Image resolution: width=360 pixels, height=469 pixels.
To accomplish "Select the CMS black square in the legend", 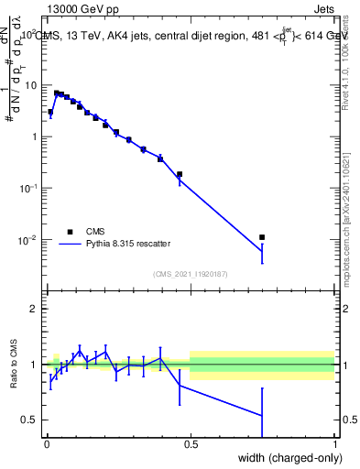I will [70, 232].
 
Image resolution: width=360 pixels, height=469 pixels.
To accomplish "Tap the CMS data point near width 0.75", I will [262, 237].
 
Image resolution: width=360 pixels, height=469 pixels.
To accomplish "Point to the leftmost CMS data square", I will [50, 112].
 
